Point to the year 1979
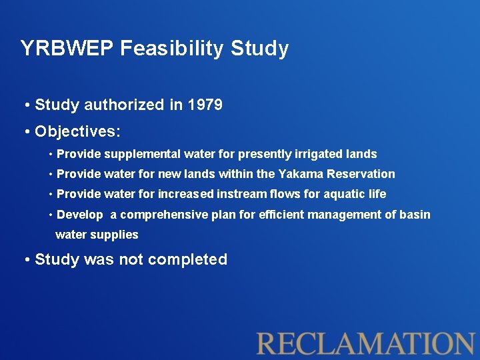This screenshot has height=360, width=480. (205, 105)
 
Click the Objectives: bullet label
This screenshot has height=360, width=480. (77, 131)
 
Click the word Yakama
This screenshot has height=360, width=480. (300, 174)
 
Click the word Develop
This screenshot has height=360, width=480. (80, 215)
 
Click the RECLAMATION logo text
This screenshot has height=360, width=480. (366, 343)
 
